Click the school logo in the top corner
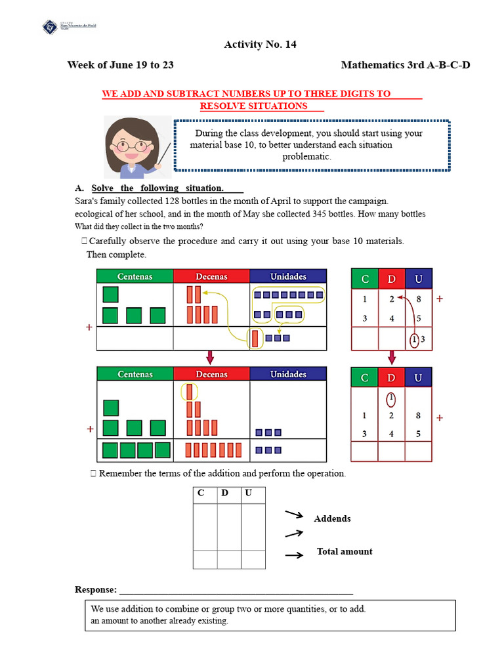(x=50, y=27)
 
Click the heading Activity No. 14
(x=255, y=45)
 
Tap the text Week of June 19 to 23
(x=120, y=65)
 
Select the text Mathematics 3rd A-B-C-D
(x=406, y=65)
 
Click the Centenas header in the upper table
(x=135, y=276)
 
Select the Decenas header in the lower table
(x=211, y=374)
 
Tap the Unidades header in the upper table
(x=288, y=276)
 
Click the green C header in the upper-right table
(x=365, y=279)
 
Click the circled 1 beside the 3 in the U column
(x=414, y=339)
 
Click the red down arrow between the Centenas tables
(x=210, y=357)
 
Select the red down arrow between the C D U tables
(x=392, y=358)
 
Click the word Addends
(x=332, y=518)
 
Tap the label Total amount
(x=345, y=551)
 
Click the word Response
(x=96, y=589)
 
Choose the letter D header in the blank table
(x=224, y=493)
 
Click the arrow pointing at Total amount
(x=294, y=555)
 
